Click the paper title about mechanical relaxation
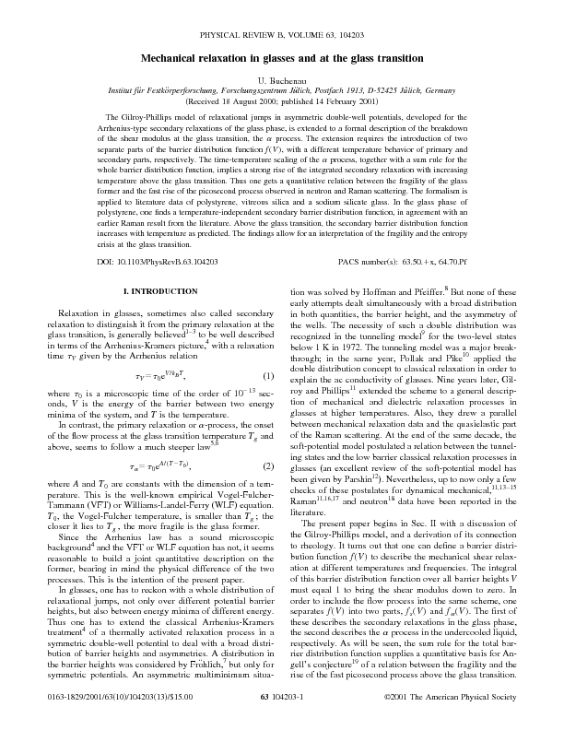[281, 58]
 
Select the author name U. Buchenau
[281, 82]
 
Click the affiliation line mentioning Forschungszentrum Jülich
[281, 92]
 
